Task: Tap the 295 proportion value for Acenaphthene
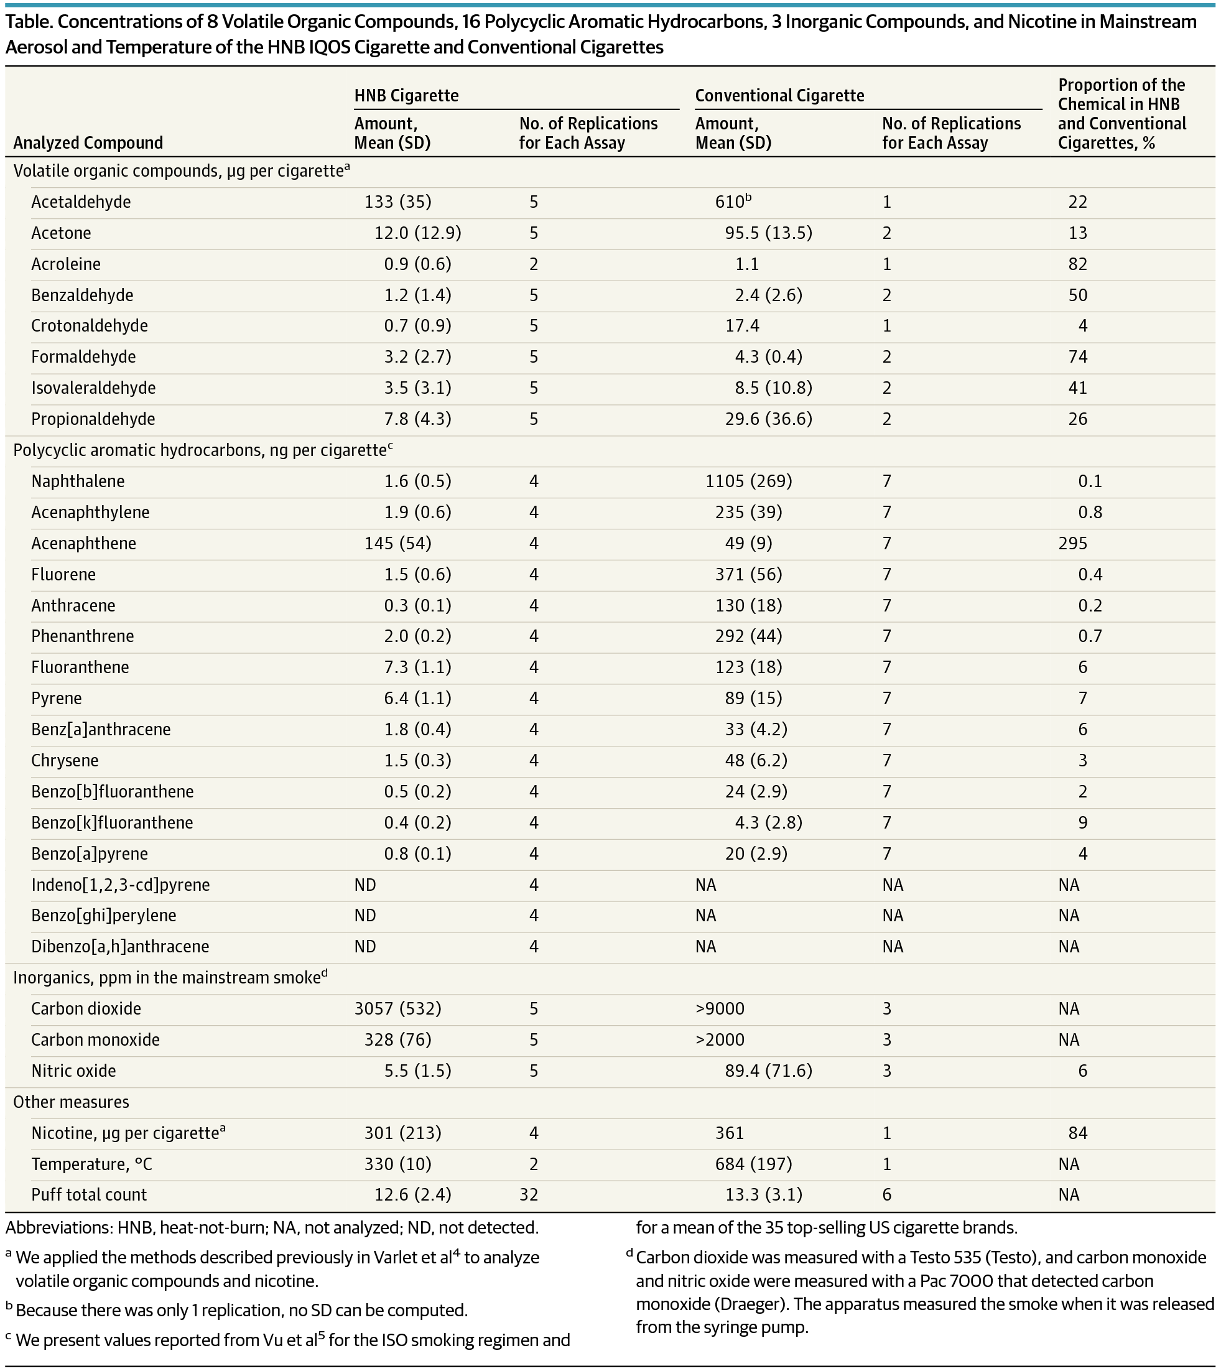pos(1072,543)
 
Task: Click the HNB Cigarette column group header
pos(406,96)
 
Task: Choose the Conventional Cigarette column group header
pos(779,96)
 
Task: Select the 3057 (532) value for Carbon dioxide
pos(397,1009)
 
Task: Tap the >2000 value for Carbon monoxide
pos(720,1039)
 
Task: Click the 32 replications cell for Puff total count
pos(529,1194)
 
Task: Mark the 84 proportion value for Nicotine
pos(1077,1133)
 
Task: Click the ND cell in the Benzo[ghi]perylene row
pos(365,916)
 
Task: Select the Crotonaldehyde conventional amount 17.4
pos(742,326)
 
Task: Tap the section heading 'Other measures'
pos(70,1102)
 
